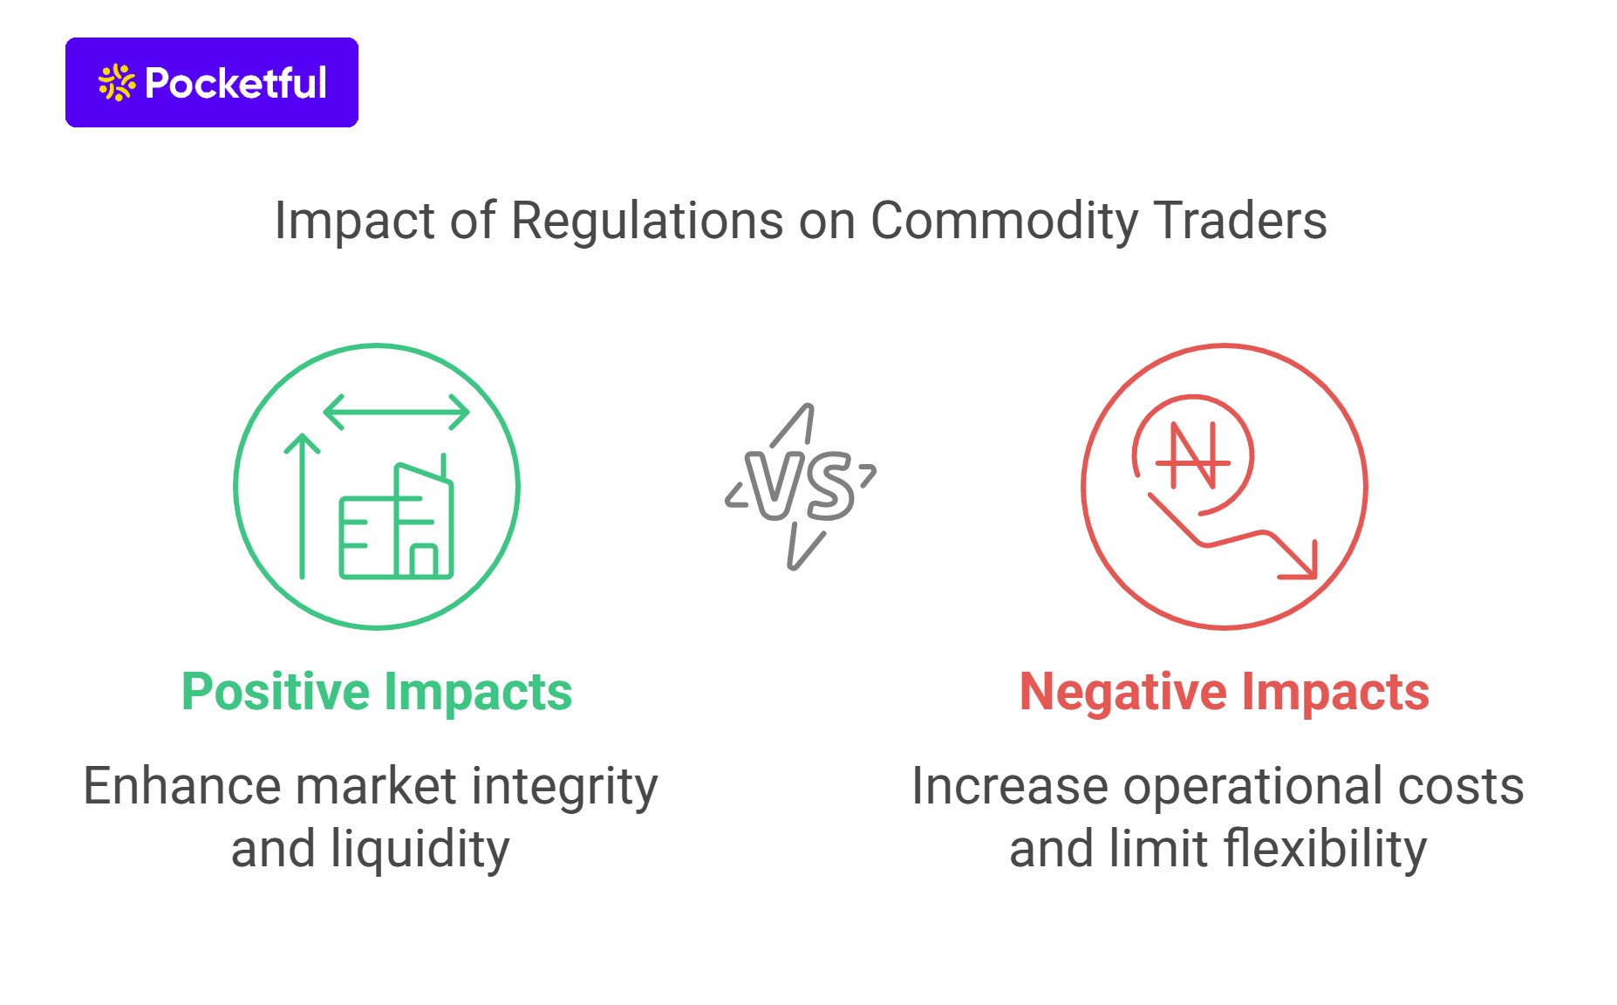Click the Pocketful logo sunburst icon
coord(117,83)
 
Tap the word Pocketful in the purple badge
coord(235,83)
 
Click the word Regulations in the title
coord(647,221)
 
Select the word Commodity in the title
coord(1005,221)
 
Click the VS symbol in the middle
coord(801,487)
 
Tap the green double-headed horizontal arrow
coord(397,412)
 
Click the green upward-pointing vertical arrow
coord(302,506)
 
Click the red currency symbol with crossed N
coord(1193,456)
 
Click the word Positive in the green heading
coord(276,693)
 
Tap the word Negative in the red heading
coord(1124,693)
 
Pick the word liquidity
coord(420,850)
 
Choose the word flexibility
coord(1325,850)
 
